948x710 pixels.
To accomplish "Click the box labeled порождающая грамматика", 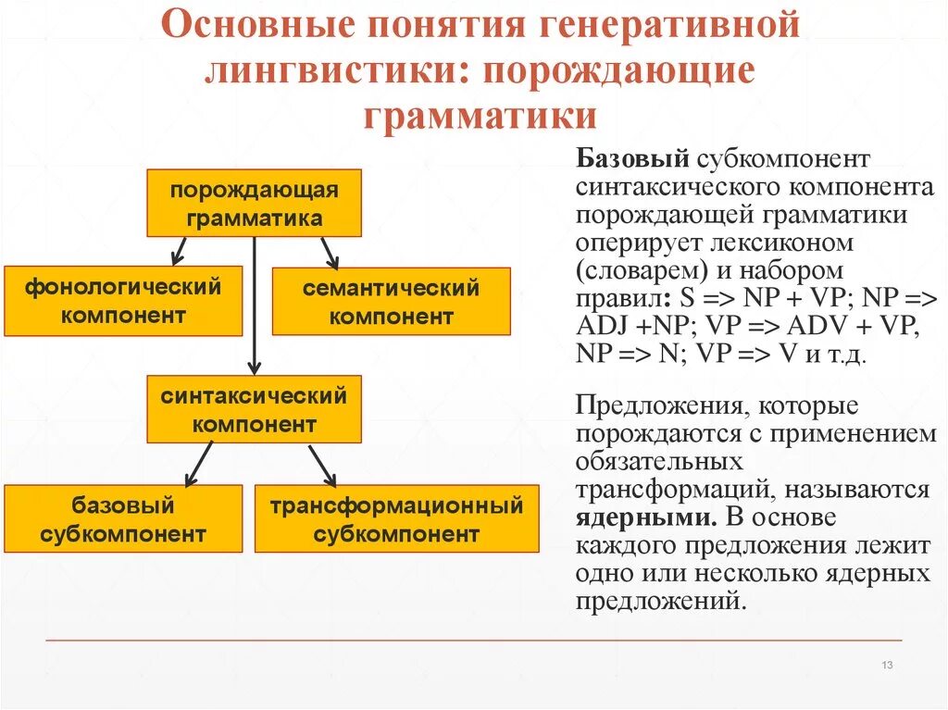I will click(254, 203).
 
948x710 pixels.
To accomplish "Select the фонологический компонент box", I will click(123, 301).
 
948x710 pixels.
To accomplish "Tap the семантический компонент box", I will click(391, 302).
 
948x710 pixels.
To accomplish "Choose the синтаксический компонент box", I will click(254, 409).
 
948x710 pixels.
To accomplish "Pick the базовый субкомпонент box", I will click(123, 518).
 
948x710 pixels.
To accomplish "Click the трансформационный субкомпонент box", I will click(396, 518).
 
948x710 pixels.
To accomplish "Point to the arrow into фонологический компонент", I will click(180, 250).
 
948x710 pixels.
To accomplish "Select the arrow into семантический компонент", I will click(329, 252).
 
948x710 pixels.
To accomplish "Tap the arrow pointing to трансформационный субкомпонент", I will click(321, 464).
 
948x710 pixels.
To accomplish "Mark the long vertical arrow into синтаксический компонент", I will click(254, 305).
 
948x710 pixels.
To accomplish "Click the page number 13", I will click(886, 666).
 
